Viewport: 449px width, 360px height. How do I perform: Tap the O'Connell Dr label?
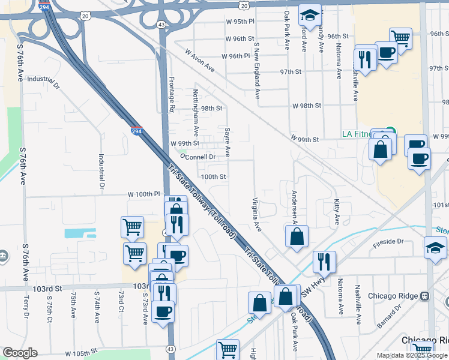pos(197,157)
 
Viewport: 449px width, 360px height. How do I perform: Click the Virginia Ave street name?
pos(256,214)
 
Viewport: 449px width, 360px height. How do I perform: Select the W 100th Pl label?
pos(143,194)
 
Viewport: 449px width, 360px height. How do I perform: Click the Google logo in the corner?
pos(20,353)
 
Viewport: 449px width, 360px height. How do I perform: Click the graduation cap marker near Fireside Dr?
pos(435,247)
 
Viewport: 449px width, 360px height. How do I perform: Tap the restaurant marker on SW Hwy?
pos(324,261)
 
